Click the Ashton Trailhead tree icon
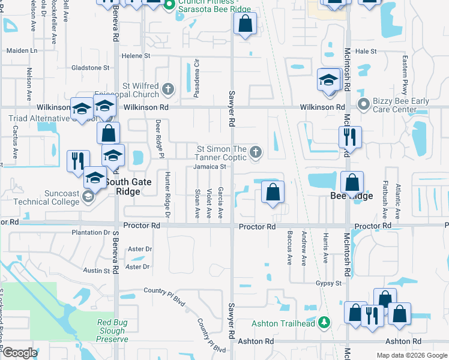coord(324,323)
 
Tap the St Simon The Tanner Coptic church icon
coord(256,152)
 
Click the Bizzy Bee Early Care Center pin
coord(363,105)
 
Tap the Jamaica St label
coord(209,167)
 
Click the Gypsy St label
coord(330,283)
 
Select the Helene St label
coord(136,56)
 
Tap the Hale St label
coord(366,52)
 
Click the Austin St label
coord(97,271)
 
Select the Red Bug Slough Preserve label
coord(112,331)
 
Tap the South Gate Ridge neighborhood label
coord(122,187)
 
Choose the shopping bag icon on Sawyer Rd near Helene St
coord(245,25)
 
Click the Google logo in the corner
coord(20,353)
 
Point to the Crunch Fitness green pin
coord(169,5)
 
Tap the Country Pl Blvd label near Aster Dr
coord(164,291)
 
